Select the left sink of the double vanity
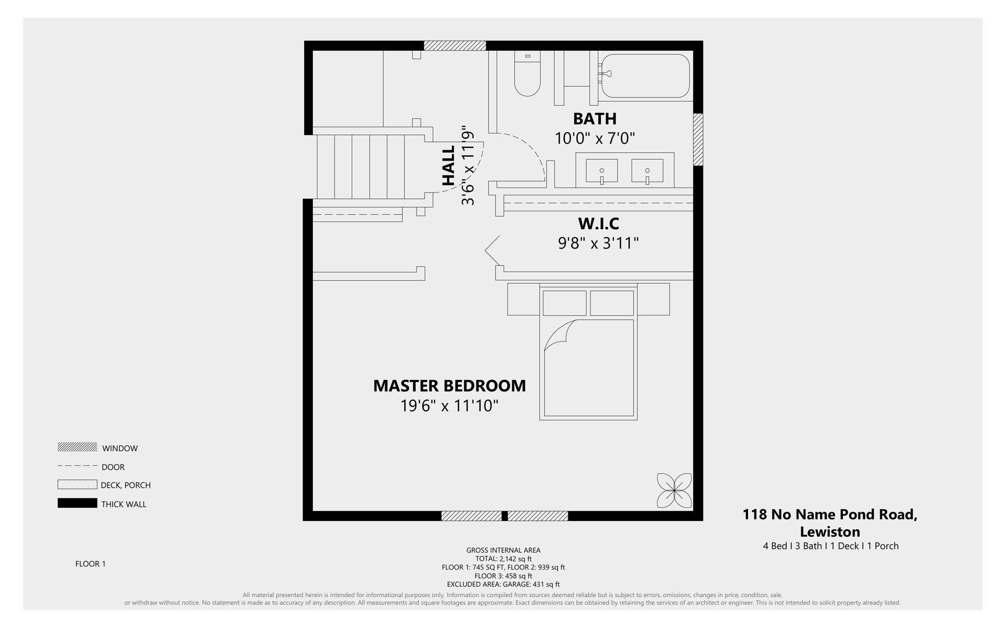point(602,171)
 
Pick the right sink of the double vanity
point(647,171)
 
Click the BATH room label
point(595,119)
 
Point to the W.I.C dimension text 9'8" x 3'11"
point(598,243)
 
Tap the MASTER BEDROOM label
point(449,386)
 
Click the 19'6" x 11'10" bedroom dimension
point(449,406)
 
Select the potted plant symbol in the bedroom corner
point(674,491)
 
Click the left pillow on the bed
point(564,303)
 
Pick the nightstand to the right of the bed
point(654,299)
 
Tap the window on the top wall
point(455,46)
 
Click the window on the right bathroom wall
point(698,139)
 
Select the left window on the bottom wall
point(472,516)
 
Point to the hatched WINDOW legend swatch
point(77,447)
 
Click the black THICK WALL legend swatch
point(77,503)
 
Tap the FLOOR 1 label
point(90,564)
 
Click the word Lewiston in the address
point(830,532)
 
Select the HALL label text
point(448,166)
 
